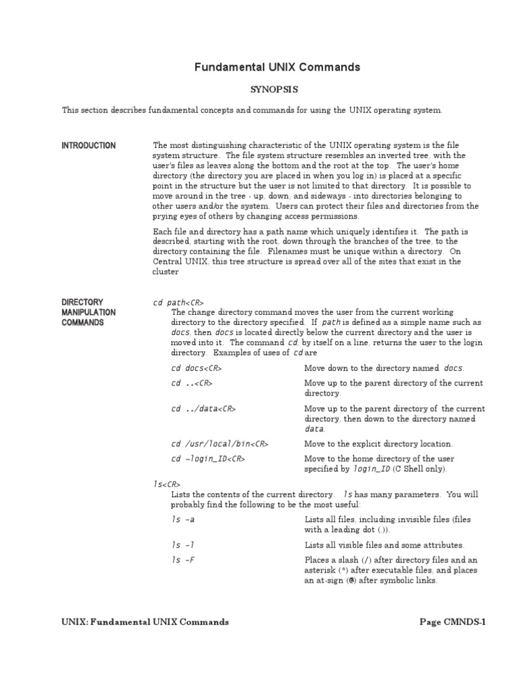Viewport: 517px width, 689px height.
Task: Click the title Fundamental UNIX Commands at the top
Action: (x=277, y=67)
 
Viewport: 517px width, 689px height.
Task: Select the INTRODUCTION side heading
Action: (x=88, y=145)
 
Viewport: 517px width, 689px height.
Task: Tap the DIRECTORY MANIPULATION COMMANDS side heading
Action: (x=88, y=312)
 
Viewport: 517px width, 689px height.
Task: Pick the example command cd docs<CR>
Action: (x=197, y=368)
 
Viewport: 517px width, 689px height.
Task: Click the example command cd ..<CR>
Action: (x=192, y=383)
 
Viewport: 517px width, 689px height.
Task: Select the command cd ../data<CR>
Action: (x=203, y=408)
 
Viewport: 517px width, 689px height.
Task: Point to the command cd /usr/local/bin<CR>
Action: (x=220, y=444)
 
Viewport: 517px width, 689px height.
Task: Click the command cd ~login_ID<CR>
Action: (x=208, y=459)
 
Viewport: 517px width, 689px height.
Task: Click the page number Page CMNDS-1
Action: (x=452, y=622)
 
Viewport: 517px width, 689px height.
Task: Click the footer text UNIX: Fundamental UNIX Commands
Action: (x=145, y=622)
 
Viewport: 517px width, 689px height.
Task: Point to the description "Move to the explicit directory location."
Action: (x=378, y=444)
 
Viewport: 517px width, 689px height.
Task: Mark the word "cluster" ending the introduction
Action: (x=166, y=272)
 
